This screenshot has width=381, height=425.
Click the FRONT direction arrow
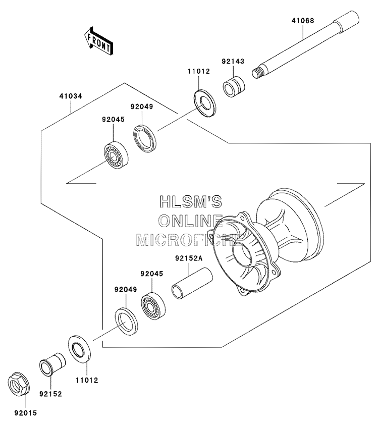click(x=98, y=41)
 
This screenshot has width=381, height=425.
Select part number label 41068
click(x=303, y=21)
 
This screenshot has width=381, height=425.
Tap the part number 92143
click(x=233, y=61)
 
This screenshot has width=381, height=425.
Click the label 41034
click(x=71, y=96)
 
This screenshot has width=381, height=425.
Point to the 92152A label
click(x=189, y=258)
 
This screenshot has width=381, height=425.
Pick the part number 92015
click(x=25, y=413)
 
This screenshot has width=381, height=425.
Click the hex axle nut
click(x=19, y=382)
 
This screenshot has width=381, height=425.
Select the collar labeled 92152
click(x=52, y=364)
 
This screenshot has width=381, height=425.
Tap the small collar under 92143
click(x=234, y=87)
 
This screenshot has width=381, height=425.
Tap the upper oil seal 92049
click(x=145, y=138)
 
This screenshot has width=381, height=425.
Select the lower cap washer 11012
click(x=80, y=349)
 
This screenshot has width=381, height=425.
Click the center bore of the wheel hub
click(x=242, y=252)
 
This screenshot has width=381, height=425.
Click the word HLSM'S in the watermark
click(x=191, y=201)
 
